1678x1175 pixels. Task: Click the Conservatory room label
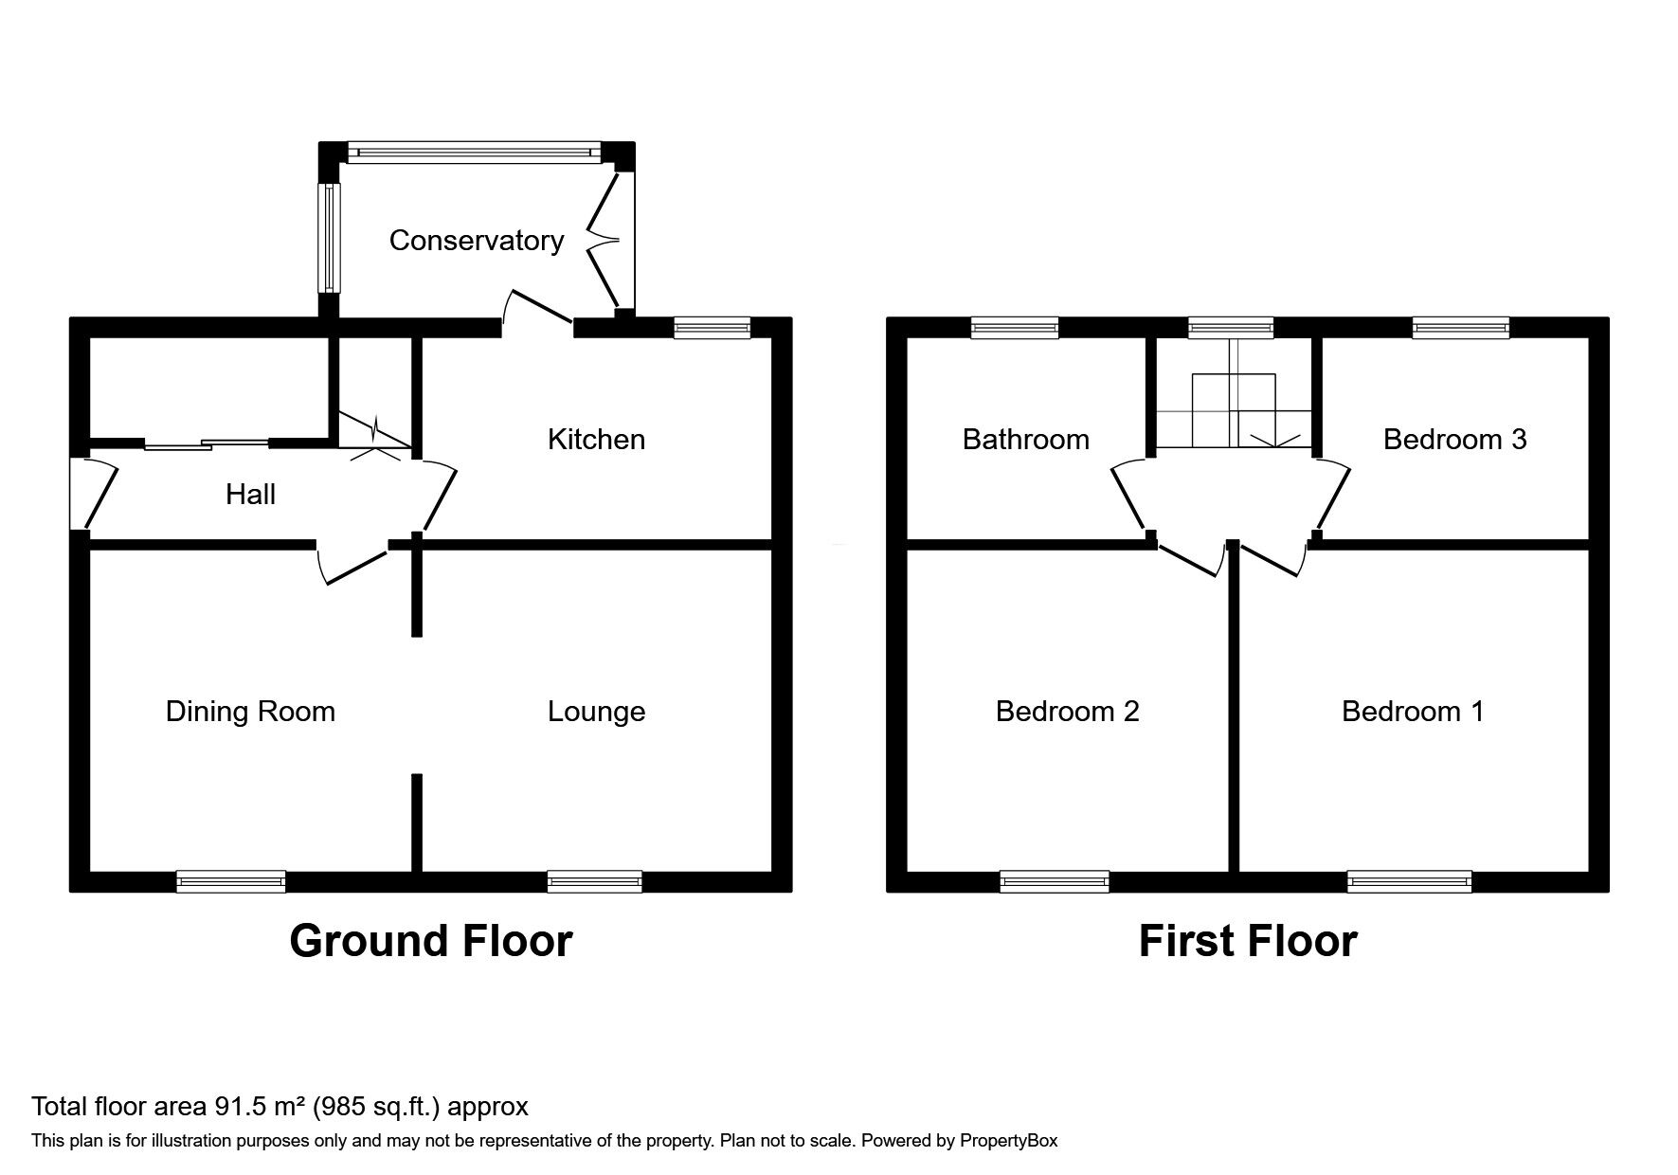point(477,241)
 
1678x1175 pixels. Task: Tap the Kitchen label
point(596,439)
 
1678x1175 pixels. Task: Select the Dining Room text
point(250,712)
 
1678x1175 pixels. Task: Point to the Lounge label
point(596,712)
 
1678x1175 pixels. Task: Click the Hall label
point(250,494)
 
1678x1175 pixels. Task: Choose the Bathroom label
point(1025,439)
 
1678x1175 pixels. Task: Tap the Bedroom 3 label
point(1454,439)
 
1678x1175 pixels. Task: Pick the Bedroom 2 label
point(1067,712)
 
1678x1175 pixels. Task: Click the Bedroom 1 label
point(1413,712)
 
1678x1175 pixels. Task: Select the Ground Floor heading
point(431,941)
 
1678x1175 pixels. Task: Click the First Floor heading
point(1248,941)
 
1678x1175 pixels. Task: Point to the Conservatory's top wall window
point(474,152)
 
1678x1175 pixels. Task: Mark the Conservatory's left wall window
point(328,237)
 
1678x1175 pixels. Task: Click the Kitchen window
point(713,328)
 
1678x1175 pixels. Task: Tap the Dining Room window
point(231,881)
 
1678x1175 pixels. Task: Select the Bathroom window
point(1015,328)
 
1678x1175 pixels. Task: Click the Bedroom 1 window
point(1410,881)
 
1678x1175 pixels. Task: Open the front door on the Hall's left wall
point(93,494)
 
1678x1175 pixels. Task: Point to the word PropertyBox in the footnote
point(1009,1141)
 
